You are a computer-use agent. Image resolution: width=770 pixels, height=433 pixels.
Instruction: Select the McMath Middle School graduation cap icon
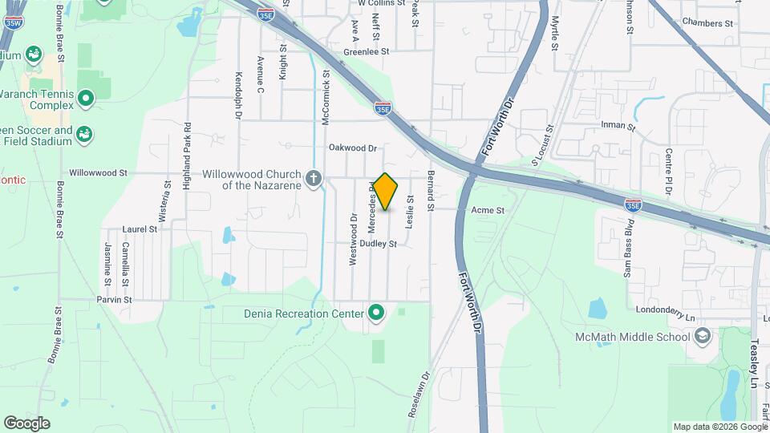pyautogui.click(x=703, y=335)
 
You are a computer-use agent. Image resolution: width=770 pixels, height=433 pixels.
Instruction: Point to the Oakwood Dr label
pyautogui.click(x=352, y=148)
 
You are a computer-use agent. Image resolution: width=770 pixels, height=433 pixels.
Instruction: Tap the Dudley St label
pyautogui.click(x=378, y=243)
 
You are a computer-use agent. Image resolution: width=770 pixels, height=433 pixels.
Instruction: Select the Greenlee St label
pyautogui.click(x=366, y=51)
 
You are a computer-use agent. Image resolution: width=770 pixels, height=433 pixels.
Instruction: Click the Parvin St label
pyautogui.click(x=115, y=300)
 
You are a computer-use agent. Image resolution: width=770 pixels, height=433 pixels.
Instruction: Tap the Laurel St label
pyautogui.click(x=140, y=229)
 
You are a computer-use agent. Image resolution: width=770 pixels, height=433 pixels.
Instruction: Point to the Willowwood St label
pyautogui.click(x=98, y=172)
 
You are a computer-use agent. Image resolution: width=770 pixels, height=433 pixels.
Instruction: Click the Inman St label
pyautogui.click(x=618, y=127)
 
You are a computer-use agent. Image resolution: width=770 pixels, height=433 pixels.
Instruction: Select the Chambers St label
pyautogui.click(x=707, y=23)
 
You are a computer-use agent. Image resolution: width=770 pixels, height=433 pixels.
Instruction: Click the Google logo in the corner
pyautogui.click(x=26, y=423)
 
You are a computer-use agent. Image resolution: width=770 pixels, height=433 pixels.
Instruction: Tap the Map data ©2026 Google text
pyautogui.click(x=719, y=427)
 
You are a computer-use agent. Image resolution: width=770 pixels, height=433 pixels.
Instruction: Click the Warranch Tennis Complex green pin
pyautogui.click(x=87, y=99)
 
